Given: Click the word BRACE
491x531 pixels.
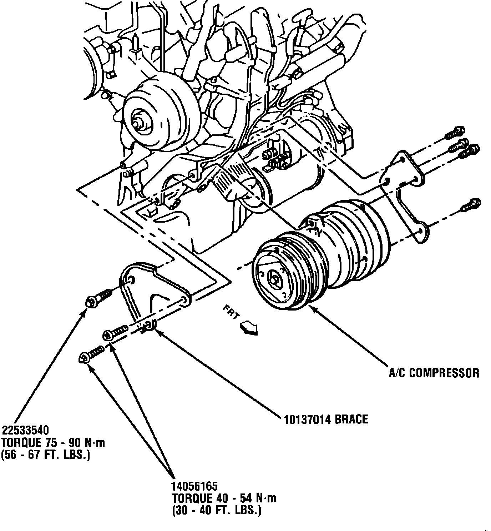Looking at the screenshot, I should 351,419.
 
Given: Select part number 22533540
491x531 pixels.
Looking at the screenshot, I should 25,429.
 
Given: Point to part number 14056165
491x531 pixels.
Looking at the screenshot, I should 195,486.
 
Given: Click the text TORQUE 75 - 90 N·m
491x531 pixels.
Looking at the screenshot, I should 53,443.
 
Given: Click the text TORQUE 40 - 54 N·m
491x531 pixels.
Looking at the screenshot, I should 224,498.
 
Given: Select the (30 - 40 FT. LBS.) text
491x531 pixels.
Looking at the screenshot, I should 217,510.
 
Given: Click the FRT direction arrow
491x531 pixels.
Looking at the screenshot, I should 249,327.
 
